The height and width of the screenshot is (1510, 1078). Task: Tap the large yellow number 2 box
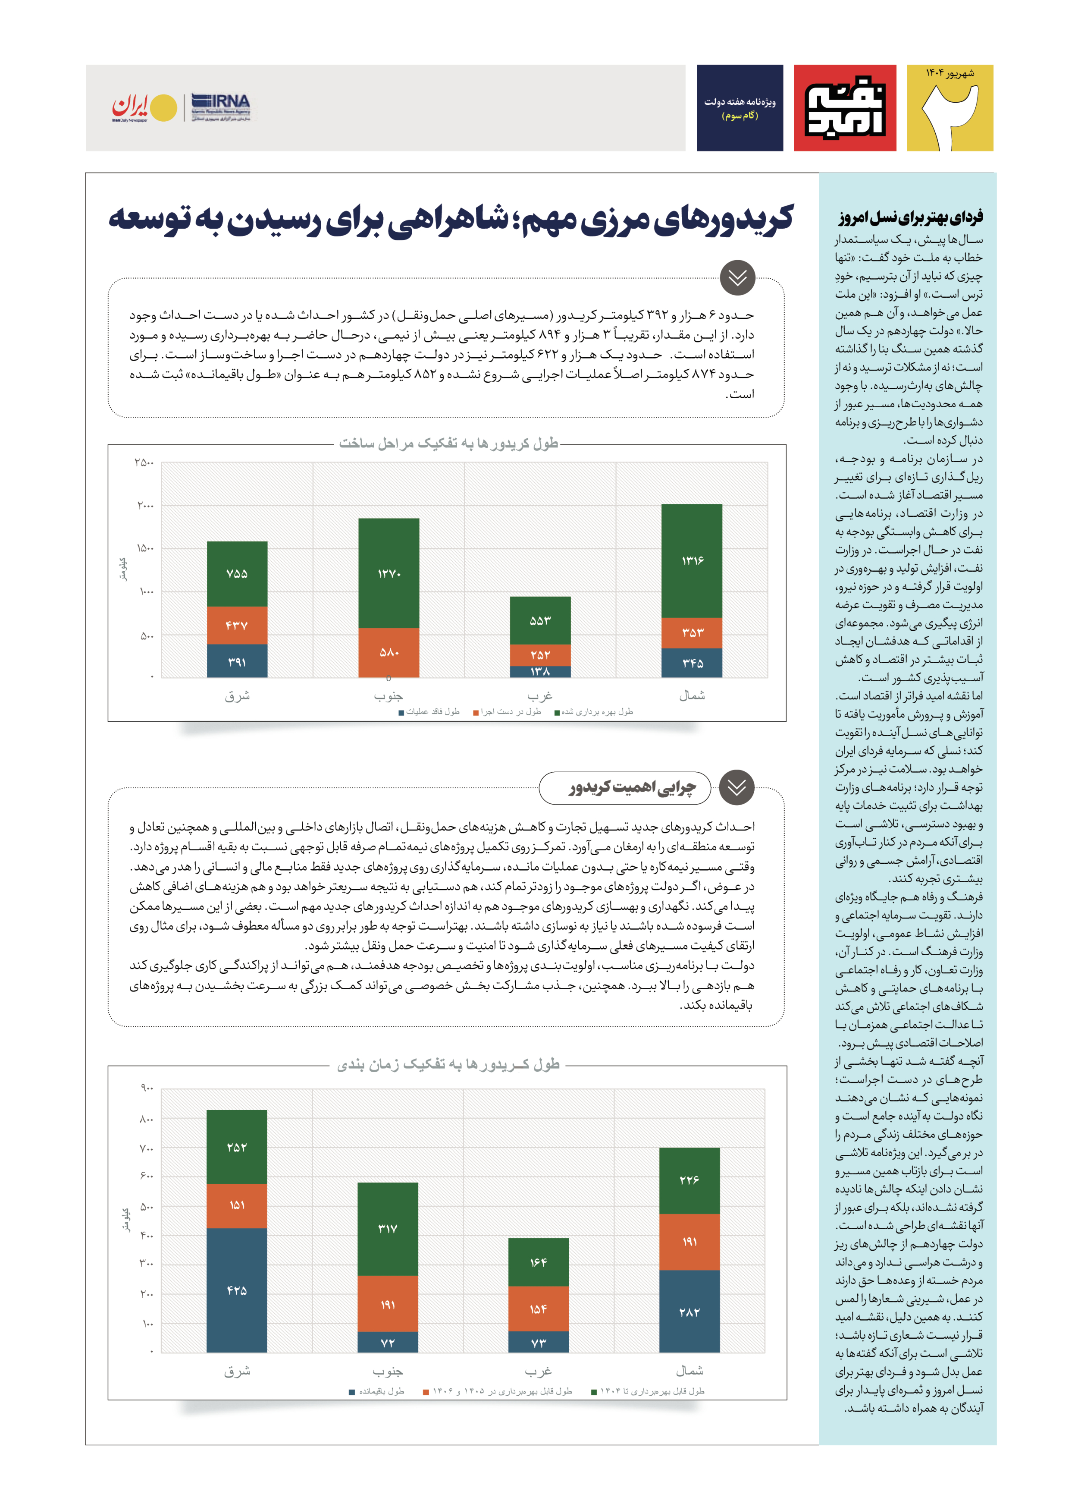coord(950,107)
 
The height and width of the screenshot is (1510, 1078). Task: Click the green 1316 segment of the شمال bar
coord(692,561)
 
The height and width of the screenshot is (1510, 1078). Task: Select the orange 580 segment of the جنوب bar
coord(389,653)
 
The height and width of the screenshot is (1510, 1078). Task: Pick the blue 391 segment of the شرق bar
coord(237,661)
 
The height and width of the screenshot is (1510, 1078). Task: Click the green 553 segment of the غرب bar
coord(540,620)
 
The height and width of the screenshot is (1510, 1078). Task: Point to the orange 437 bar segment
coord(237,626)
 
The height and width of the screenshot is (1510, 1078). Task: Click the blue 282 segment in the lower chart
coord(689,1312)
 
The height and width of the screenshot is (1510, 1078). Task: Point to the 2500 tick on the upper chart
coord(144,462)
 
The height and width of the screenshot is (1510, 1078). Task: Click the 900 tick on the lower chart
coord(147,1087)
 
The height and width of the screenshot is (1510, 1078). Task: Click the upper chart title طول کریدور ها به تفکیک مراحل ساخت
coord(449,444)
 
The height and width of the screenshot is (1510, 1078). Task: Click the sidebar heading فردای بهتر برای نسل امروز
coord(910,217)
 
